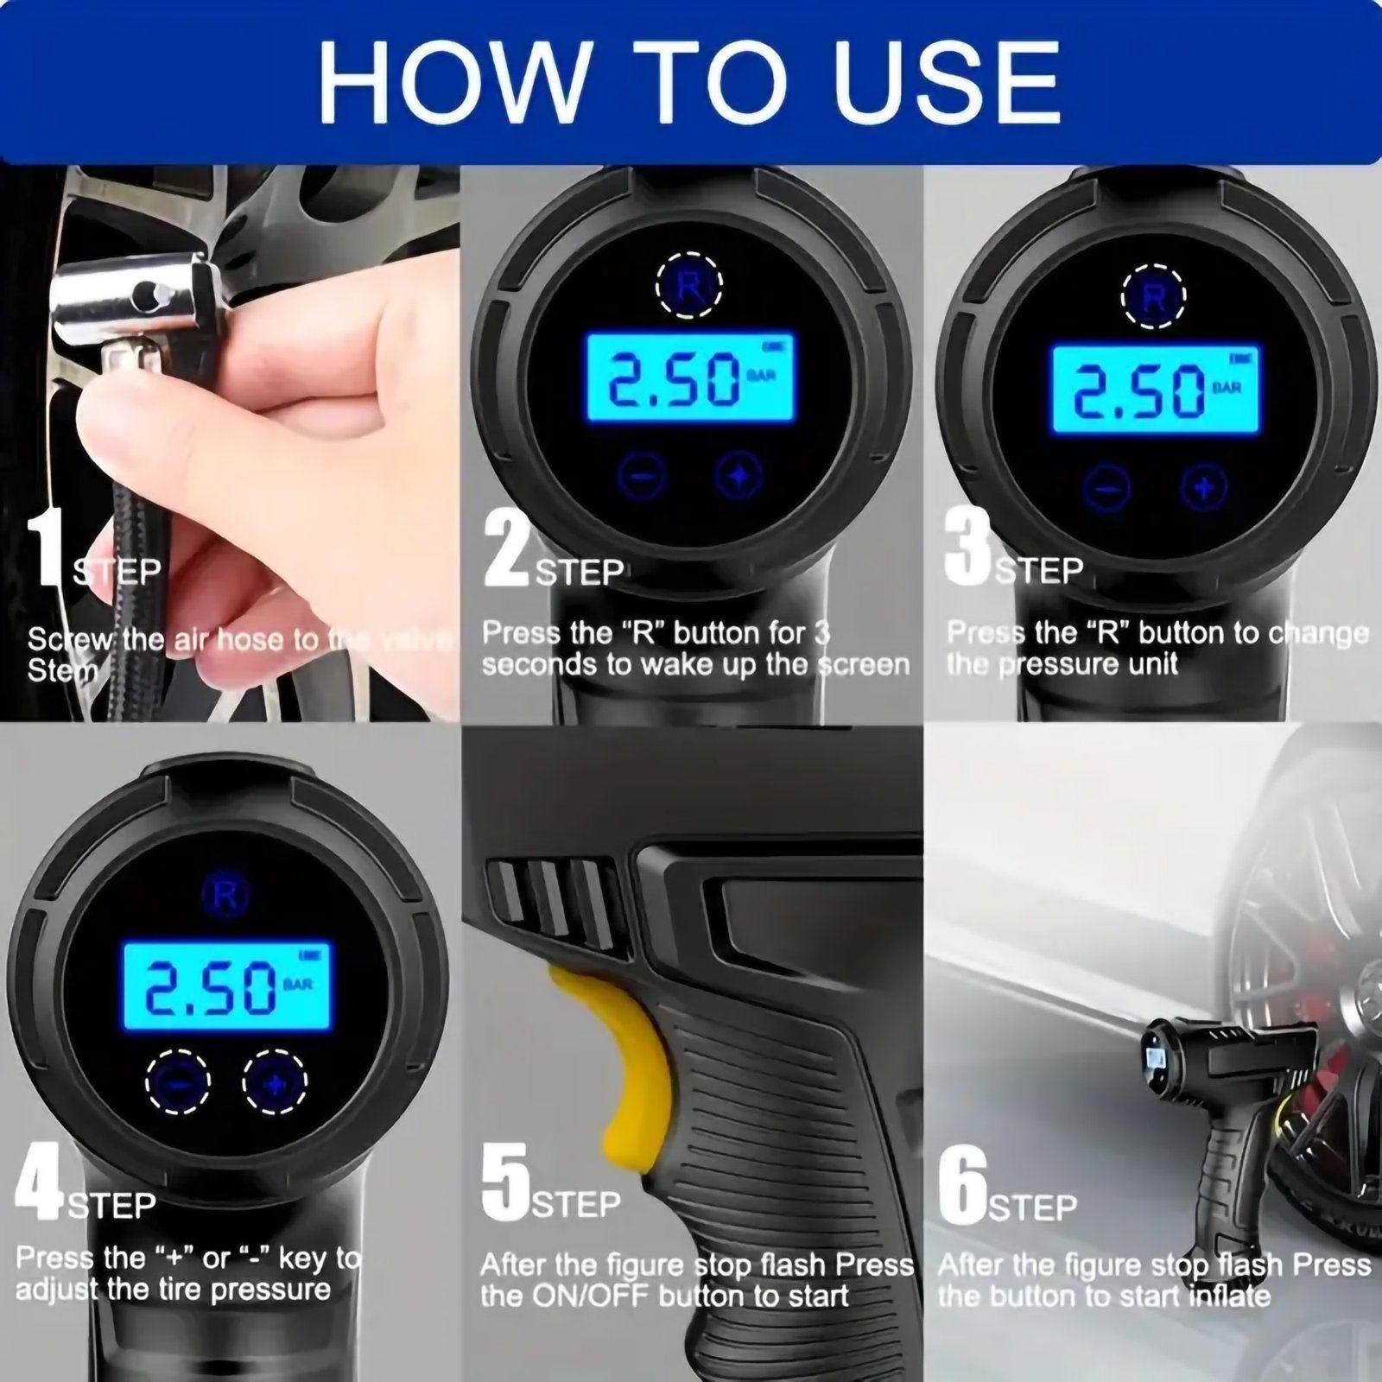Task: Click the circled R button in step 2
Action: click(x=688, y=286)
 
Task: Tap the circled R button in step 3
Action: click(x=1153, y=298)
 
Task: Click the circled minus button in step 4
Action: click(x=178, y=1082)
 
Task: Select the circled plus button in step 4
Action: click(x=275, y=1082)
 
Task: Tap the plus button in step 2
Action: click(x=739, y=476)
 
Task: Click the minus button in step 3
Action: click(x=1107, y=487)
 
